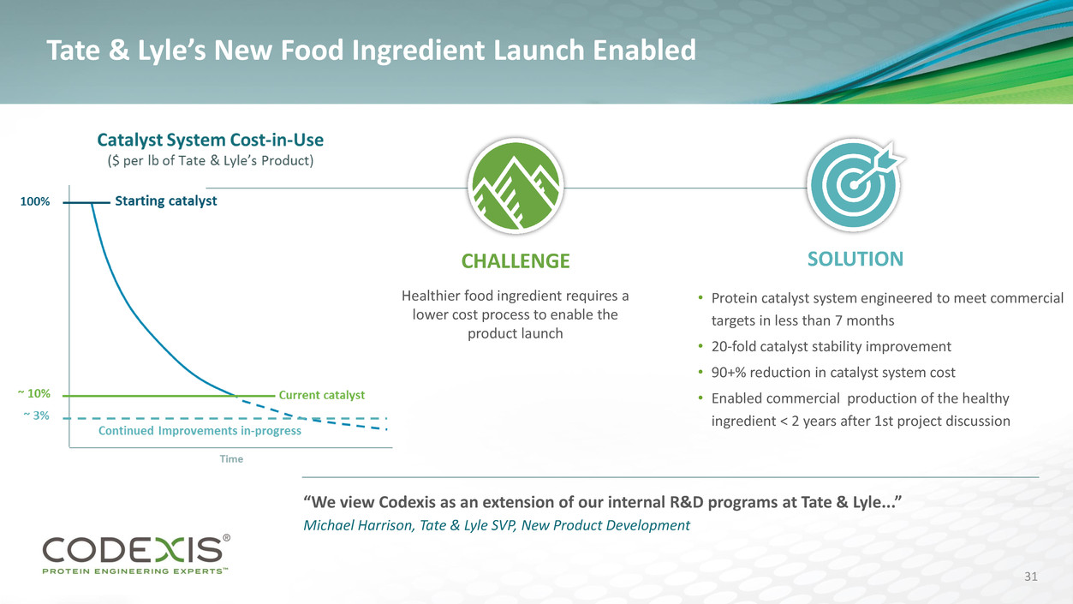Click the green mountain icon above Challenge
516,186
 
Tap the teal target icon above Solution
854,185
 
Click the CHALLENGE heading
516,261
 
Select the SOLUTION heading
855,259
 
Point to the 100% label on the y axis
35,201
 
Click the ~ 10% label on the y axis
34,393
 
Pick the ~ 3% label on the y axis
37,416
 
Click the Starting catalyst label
166,200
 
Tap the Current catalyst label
321,395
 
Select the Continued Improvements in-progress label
200,430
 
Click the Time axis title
231,458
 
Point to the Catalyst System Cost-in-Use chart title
211,140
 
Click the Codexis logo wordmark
132,550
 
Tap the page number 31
1031,577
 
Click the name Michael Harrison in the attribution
357,525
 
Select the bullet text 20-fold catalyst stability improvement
832,346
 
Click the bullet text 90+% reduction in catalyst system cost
833,372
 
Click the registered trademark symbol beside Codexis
227,538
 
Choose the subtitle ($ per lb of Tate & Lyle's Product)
211,160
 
